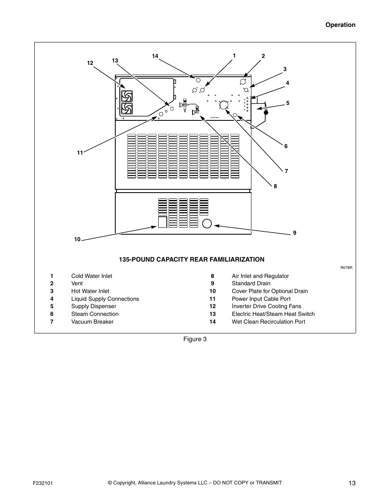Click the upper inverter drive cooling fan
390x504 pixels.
(x=127, y=96)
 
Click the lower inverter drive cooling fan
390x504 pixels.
(x=127, y=109)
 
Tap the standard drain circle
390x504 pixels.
(x=207, y=224)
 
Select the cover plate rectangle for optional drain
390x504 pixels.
(x=163, y=222)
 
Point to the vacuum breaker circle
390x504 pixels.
(x=224, y=104)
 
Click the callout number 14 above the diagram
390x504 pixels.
(x=155, y=56)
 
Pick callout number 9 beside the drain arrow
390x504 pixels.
(x=294, y=233)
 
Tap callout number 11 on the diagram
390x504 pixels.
(x=80, y=153)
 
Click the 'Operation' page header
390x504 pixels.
(x=340, y=25)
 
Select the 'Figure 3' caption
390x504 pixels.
(x=195, y=339)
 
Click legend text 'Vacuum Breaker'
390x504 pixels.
(x=92, y=322)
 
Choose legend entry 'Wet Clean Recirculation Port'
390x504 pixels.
(x=269, y=322)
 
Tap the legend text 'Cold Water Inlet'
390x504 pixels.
(x=92, y=276)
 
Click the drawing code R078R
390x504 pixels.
(x=346, y=268)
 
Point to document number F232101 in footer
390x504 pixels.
(x=43, y=483)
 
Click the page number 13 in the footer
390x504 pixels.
(x=352, y=483)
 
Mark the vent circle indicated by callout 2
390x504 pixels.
(x=243, y=82)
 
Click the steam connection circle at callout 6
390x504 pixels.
(x=235, y=115)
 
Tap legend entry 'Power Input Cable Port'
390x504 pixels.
(x=261, y=299)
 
